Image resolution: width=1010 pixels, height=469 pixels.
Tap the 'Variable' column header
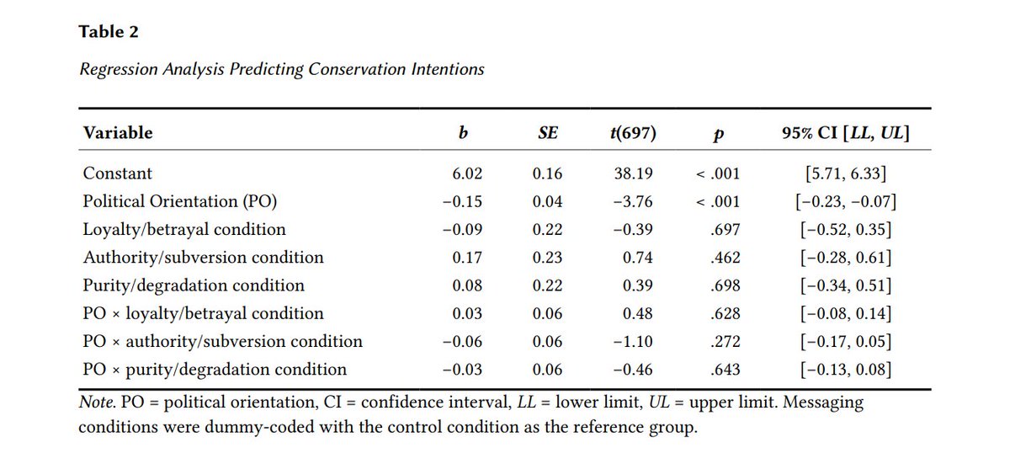click(118, 132)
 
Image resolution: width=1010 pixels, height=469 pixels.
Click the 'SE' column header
click(547, 133)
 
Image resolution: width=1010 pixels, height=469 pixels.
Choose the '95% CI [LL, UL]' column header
click(846, 133)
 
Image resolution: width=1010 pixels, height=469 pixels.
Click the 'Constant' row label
click(118, 173)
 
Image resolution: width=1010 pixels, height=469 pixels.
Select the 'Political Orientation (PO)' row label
click(179, 201)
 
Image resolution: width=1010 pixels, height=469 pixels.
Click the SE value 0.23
click(547, 257)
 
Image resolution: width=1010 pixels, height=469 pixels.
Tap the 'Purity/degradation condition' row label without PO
click(194, 285)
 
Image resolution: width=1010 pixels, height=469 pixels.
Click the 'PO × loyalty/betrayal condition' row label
click(203, 313)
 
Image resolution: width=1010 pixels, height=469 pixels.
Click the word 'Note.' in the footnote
click(98, 402)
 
